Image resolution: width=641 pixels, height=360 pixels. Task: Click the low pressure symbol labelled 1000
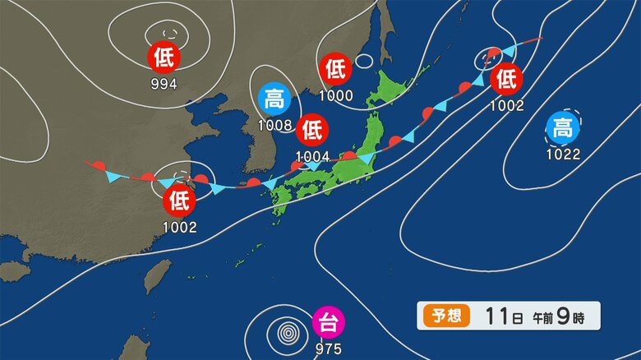pyautogui.click(x=335, y=69)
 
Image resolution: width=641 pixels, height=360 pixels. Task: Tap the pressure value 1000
pyautogui.click(x=336, y=95)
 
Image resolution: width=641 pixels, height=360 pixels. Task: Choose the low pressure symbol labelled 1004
pyautogui.click(x=313, y=130)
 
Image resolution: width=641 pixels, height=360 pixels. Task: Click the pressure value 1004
pyautogui.click(x=313, y=155)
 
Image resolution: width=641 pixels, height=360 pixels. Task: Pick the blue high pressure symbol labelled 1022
pyautogui.click(x=563, y=128)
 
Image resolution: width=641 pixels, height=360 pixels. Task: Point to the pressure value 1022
pyautogui.click(x=563, y=154)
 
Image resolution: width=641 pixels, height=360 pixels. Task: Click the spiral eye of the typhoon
pyautogui.click(x=288, y=334)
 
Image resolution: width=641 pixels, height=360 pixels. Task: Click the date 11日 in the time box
pyautogui.click(x=498, y=315)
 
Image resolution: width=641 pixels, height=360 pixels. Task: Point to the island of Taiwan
pyautogui.click(x=157, y=277)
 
